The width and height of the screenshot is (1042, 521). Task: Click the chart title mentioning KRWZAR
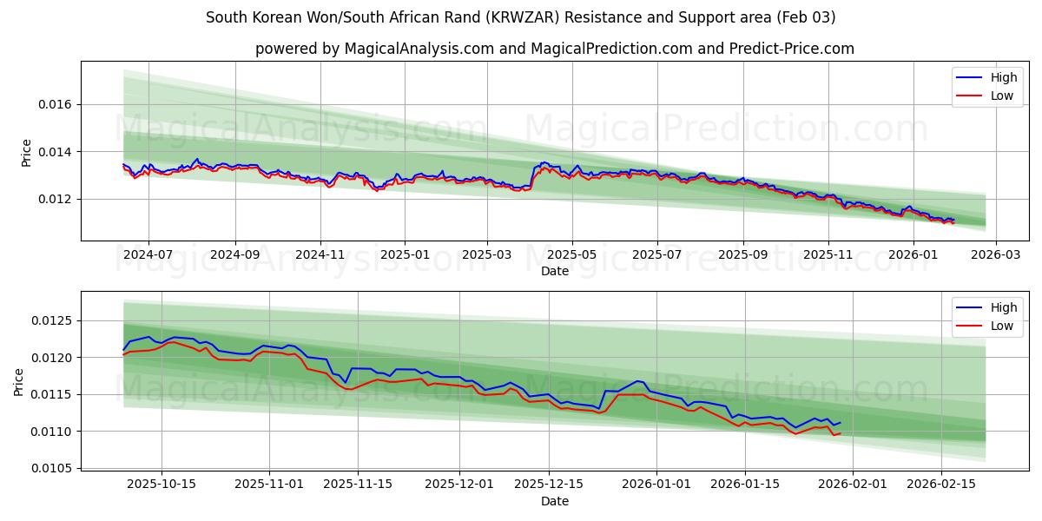[x=520, y=17]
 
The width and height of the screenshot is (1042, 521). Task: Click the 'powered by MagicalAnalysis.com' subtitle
[x=554, y=49]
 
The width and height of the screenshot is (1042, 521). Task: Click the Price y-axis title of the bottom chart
[x=19, y=381]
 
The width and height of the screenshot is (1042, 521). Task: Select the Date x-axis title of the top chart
[x=554, y=271]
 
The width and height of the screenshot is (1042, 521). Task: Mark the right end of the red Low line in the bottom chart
[x=840, y=433]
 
